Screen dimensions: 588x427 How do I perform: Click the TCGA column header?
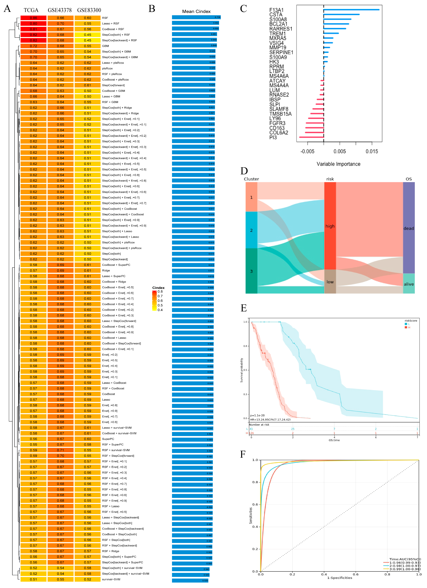[31, 10]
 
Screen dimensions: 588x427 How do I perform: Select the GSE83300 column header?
[89, 10]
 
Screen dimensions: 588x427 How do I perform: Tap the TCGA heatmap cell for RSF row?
[33, 18]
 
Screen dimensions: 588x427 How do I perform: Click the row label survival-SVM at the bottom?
[111, 579]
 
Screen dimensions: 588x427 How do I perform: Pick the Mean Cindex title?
[196, 11]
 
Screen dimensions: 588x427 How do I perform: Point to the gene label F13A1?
[276, 10]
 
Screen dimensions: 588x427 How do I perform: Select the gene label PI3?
[273, 137]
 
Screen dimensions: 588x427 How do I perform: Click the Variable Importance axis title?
[338, 164]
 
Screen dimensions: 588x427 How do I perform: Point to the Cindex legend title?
[158, 288]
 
